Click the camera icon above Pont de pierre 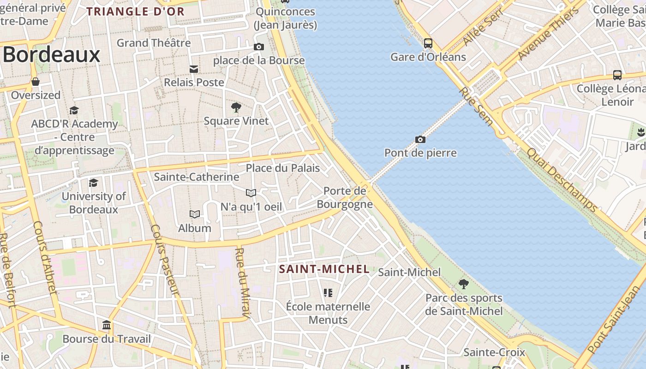420,139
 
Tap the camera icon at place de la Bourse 258,47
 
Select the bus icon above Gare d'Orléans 428,43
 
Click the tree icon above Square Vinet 236,108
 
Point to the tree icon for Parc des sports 463,284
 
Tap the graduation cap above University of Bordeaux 93,183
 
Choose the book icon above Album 195,214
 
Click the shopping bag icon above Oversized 36,82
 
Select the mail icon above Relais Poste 194,69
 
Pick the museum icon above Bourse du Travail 107,325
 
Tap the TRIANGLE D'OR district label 136,12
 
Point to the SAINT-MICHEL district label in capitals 324,269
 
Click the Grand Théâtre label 154,43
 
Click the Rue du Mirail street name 243,283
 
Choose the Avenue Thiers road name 548,33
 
